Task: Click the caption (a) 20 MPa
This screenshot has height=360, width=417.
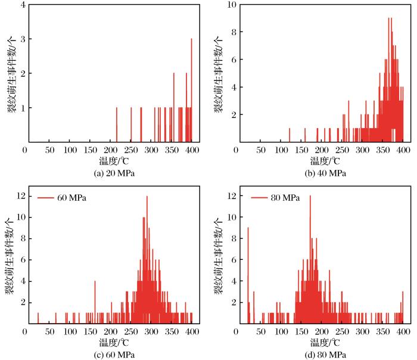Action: coord(111,173)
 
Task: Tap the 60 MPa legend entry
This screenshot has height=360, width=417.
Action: coord(62,197)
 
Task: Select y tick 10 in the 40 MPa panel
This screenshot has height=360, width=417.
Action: coord(228,5)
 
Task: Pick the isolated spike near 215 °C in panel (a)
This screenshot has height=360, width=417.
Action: coord(117,125)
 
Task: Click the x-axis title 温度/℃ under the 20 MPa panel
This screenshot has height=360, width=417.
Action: coord(111,160)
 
